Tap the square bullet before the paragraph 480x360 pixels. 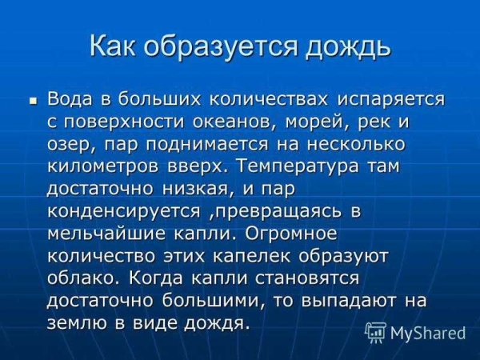(x=34, y=102)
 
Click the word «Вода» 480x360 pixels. (x=71, y=100)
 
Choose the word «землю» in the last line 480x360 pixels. (x=75, y=324)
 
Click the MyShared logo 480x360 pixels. (x=415, y=332)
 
